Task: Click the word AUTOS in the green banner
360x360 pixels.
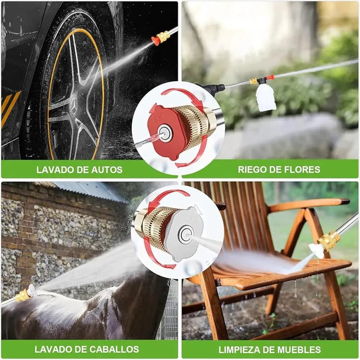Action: [106, 170]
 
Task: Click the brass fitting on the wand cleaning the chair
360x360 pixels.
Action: [329, 240]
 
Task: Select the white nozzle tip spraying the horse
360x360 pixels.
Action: [32, 291]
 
